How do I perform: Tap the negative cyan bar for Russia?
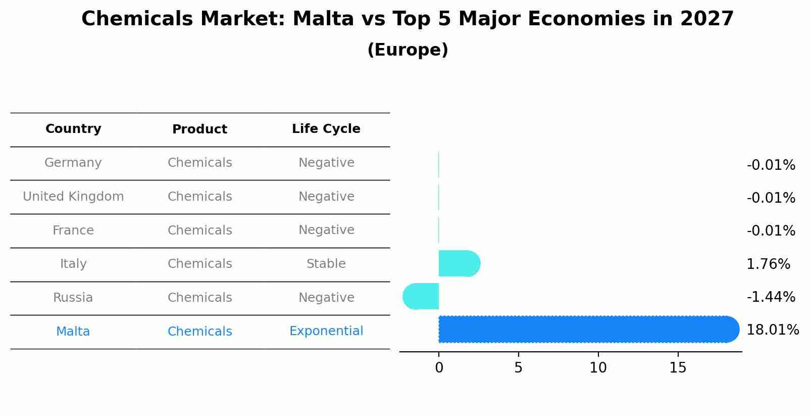point(421,296)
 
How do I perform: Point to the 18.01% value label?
point(772,330)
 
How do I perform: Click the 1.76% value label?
point(768,264)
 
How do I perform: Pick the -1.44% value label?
point(771,297)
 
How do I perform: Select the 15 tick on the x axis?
point(678,368)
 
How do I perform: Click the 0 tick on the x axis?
point(439,368)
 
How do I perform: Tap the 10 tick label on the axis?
point(598,368)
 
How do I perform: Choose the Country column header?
point(73,129)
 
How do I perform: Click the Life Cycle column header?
point(326,129)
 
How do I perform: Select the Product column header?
point(199,129)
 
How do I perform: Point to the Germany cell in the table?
point(73,163)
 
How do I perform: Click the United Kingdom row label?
point(73,197)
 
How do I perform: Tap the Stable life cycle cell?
point(326,264)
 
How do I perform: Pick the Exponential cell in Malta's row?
point(326,331)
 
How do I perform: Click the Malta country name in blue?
point(73,332)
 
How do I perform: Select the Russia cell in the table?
point(73,298)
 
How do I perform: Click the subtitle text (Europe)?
point(408,50)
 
